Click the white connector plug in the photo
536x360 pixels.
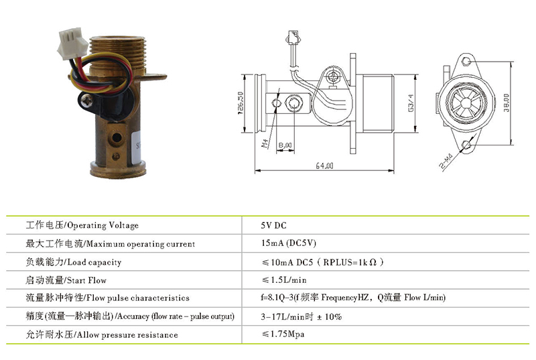pyautogui.click(x=72, y=43)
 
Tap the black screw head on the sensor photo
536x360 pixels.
pyautogui.click(x=88, y=101)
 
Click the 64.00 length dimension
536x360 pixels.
pyautogui.click(x=324, y=166)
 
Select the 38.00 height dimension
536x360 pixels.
pyautogui.click(x=507, y=103)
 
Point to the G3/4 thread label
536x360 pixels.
pyautogui.click(x=411, y=103)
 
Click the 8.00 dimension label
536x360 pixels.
pyautogui.click(x=285, y=145)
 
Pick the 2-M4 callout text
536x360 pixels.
pyautogui.click(x=446, y=161)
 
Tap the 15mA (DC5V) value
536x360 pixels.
pyautogui.click(x=289, y=243)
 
